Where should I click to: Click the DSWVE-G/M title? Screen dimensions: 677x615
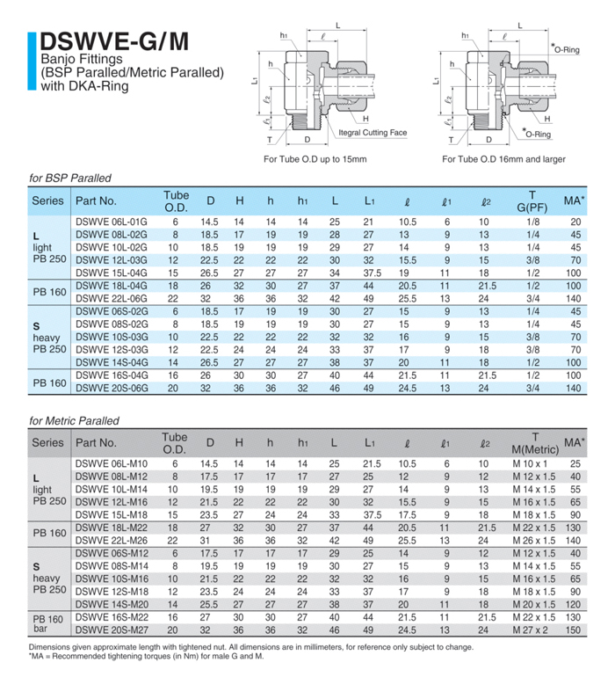113,42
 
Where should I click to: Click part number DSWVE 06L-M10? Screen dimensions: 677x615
112,463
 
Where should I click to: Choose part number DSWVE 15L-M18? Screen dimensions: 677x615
112,514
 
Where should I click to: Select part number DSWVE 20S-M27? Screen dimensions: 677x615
112,630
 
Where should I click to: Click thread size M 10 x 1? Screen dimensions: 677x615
530,463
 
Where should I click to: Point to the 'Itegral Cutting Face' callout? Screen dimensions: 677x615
373,133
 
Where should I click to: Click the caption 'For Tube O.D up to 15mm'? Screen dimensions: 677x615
315,159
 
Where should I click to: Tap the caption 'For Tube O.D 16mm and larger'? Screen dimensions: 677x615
503,159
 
